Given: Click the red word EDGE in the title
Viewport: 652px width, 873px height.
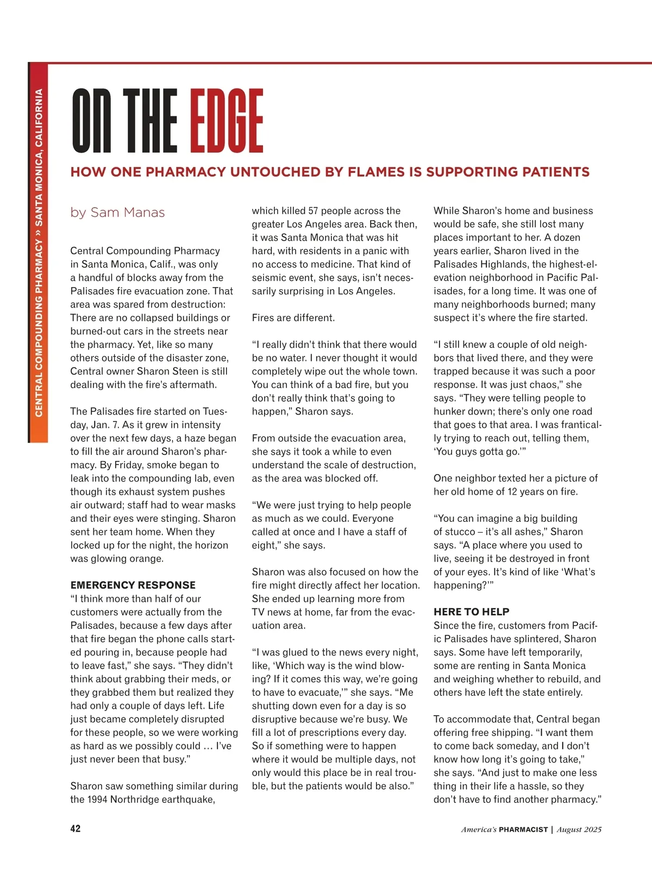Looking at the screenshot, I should pyautogui.click(x=227, y=121).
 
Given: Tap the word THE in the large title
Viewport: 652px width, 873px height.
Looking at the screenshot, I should pyautogui.click(x=150, y=121).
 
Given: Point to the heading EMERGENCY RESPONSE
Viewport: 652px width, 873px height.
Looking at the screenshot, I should pyautogui.click(x=133, y=585).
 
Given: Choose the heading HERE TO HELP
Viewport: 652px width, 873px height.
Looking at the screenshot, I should pyautogui.click(x=471, y=612).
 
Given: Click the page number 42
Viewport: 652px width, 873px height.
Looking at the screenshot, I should pyautogui.click(x=76, y=828).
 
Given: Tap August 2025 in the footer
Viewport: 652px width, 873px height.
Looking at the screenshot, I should pyautogui.click(x=579, y=830).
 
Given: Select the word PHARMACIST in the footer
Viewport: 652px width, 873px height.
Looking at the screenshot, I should pyautogui.click(x=523, y=830).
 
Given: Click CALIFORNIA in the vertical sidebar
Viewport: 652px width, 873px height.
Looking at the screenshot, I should pyautogui.click(x=39, y=117).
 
